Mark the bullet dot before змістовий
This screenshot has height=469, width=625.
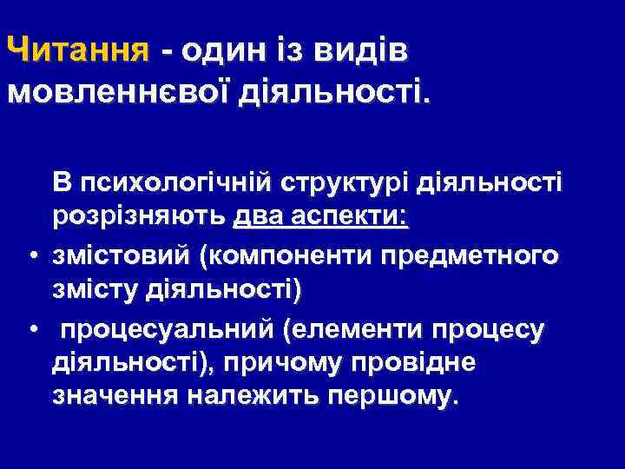point(31,257)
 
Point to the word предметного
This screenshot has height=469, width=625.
point(471,256)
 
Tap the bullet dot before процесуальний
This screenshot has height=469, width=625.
point(31,331)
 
